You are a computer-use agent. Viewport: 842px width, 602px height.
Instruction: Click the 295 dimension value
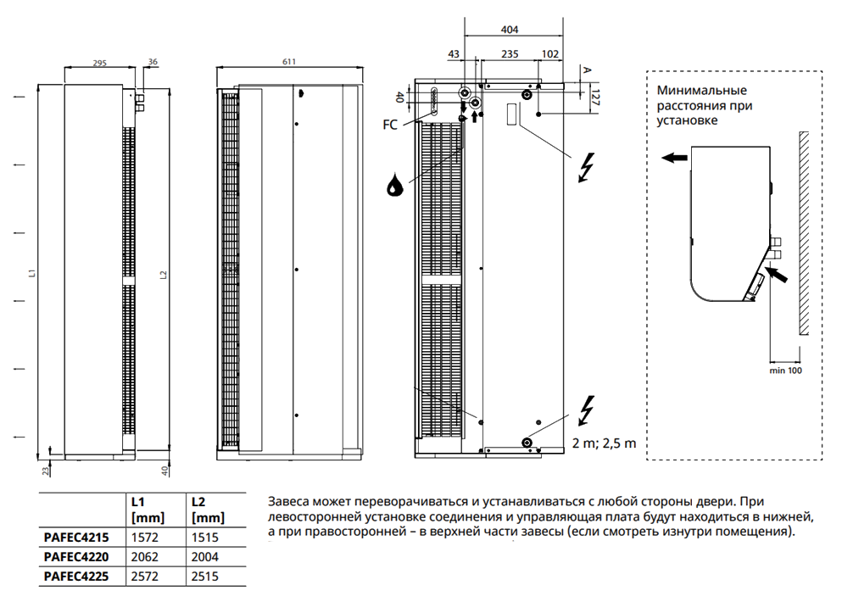point(99,63)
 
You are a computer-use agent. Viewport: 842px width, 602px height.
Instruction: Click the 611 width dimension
point(288,62)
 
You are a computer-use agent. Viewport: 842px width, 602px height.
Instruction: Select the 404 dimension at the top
point(510,29)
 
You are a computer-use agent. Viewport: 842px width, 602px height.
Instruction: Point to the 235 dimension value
point(510,53)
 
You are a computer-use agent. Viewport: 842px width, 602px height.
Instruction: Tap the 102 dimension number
point(549,53)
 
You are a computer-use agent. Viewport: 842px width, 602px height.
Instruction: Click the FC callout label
point(390,124)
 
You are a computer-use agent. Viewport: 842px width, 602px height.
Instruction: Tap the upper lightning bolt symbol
point(585,168)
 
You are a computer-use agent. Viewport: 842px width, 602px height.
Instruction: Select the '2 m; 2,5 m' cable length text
point(603,443)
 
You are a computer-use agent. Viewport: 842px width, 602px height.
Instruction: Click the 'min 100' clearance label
point(784,371)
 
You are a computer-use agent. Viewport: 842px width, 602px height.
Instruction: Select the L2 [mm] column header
point(208,509)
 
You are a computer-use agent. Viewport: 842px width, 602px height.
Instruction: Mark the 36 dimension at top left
point(153,62)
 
